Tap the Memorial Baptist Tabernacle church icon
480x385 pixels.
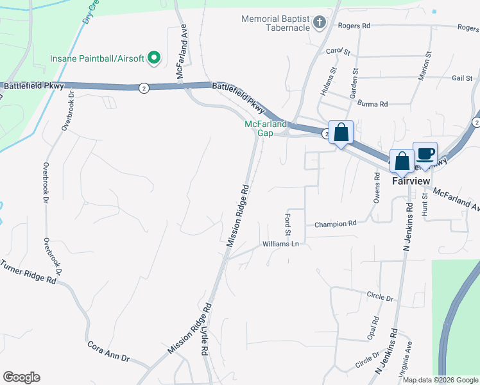[x=319, y=24]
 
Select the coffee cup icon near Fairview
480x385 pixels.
[x=425, y=154]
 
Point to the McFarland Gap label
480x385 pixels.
[x=261, y=128]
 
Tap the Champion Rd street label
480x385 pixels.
[x=335, y=224]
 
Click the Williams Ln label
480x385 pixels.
[x=280, y=244]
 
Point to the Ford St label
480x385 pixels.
[x=287, y=224]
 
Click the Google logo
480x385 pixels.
[x=21, y=377]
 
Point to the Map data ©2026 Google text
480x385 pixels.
[x=440, y=380]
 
